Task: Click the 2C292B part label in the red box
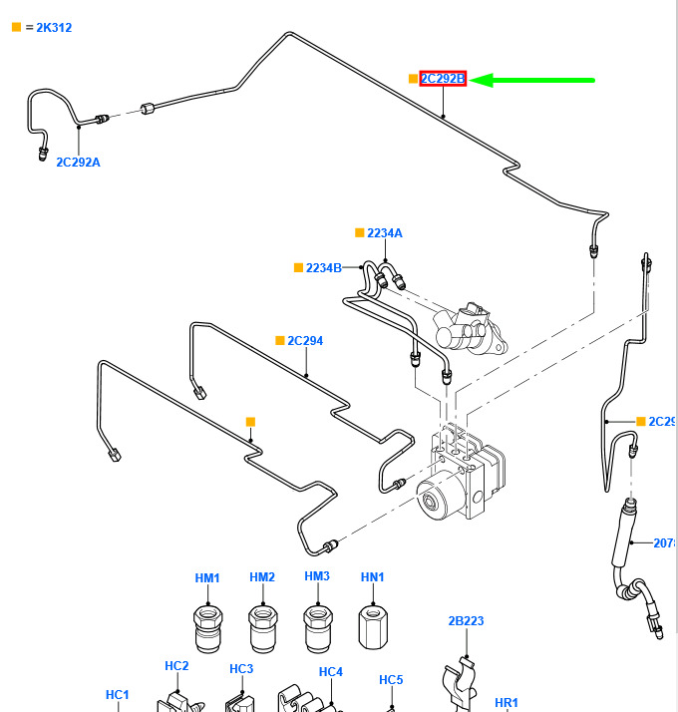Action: tap(443, 79)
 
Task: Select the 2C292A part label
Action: tap(78, 162)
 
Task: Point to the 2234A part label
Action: tap(385, 232)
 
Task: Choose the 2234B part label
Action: tap(324, 267)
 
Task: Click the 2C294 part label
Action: tap(305, 340)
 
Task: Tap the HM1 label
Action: tap(207, 577)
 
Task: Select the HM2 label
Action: tap(262, 577)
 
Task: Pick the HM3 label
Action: tap(317, 577)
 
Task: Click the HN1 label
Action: tap(372, 577)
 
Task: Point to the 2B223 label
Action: tap(466, 621)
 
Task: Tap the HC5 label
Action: tap(391, 680)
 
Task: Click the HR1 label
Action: tap(507, 703)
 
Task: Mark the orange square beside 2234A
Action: tap(360, 232)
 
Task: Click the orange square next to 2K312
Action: tap(16, 27)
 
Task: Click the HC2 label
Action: tap(176, 665)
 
